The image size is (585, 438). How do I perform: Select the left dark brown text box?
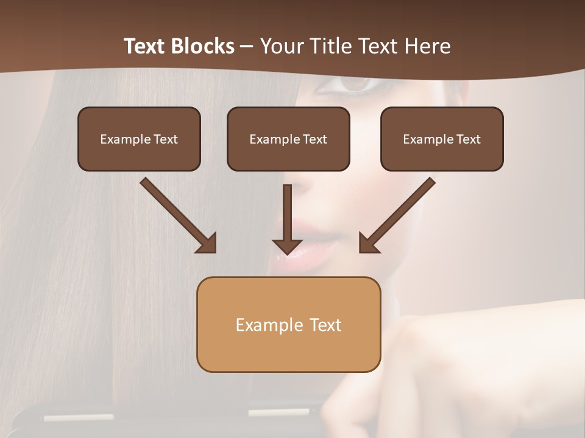(139, 139)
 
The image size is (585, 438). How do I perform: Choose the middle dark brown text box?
(288, 139)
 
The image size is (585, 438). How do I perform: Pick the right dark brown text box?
(442, 139)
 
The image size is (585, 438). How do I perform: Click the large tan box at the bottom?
(288, 325)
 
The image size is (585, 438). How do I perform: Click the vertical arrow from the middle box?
(287, 219)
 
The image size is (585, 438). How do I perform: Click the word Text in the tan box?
(325, 325)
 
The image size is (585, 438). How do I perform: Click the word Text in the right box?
(468, 139)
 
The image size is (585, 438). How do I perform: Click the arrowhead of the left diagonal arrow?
(207, 243)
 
